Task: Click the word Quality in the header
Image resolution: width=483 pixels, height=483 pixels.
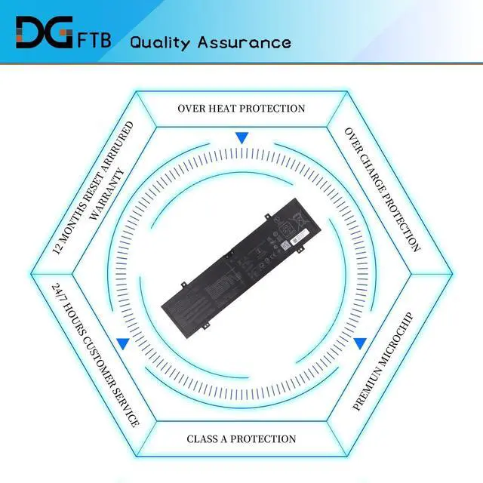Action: [160, 42]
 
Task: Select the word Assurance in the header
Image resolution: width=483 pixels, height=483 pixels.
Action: [245, 42]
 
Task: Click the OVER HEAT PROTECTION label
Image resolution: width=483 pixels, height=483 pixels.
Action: [241, 109]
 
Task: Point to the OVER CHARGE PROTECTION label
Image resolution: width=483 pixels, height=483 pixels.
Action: [383, 189]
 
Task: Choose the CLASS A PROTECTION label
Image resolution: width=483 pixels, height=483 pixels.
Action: [241, 438]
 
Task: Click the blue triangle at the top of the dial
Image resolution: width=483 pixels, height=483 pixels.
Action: [241, 138]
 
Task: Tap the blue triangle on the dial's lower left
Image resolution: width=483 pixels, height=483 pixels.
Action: [122, 343]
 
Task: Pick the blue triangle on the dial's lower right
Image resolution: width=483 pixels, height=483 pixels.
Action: [360, 343]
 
